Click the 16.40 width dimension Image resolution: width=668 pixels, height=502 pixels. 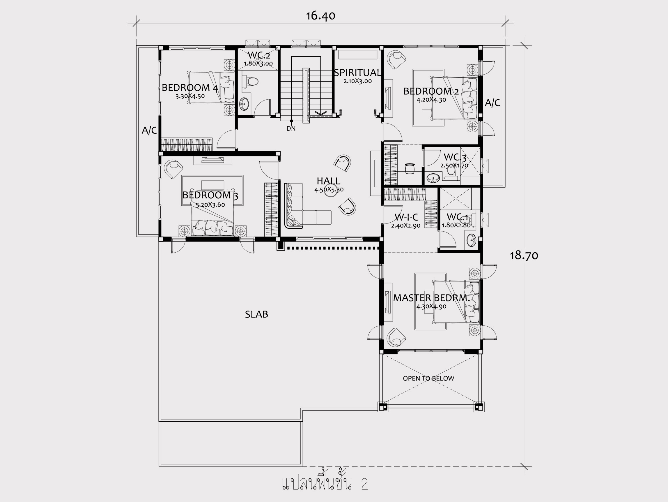tap(320, 16)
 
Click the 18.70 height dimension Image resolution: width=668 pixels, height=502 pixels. tap(524, 256)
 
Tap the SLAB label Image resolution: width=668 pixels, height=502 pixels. tap(256, 314)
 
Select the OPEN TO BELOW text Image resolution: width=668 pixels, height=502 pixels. tap(428, 378)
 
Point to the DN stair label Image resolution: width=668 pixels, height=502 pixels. tap(291, 129)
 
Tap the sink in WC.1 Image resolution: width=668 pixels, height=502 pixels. tap(471, 241)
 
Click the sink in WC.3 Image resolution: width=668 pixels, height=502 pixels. tap(433, 178)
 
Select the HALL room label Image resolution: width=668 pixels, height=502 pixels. tap(329, 181)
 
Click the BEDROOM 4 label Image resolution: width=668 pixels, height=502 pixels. tap(190, 88)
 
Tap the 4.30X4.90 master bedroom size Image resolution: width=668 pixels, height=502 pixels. tap(431, 307)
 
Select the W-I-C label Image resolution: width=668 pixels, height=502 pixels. tap(406, 217)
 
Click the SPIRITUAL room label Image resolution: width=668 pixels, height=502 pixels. tap(357, 73)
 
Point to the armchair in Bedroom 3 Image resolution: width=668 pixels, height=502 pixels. tap(174, 169)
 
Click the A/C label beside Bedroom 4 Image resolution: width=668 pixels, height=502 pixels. tap(149, 130)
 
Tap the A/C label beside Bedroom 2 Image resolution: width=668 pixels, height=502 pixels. tap(492, 103)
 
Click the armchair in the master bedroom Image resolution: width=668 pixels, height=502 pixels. tap(396, 337)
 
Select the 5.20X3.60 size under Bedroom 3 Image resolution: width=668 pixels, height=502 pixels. tap(210, 205)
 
